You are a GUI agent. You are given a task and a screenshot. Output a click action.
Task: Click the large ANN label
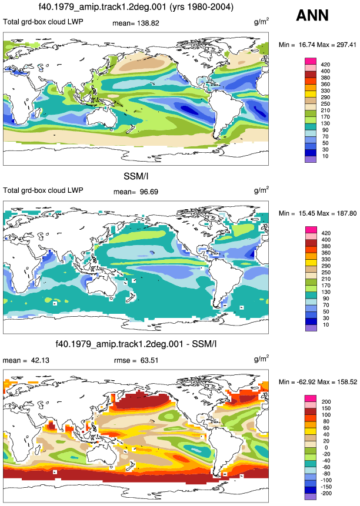click(312, 15)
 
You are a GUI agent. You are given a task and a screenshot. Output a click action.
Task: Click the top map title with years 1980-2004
click(136, 7)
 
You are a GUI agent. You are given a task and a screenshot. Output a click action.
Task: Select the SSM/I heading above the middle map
click(136, 176)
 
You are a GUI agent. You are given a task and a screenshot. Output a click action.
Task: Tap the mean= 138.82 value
click(136, 24)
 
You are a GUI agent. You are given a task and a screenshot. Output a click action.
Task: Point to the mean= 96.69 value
click(136, 192)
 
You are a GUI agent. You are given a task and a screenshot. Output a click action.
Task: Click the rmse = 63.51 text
click(136, 360)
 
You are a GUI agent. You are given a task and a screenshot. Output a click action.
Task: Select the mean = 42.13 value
click(26, 360)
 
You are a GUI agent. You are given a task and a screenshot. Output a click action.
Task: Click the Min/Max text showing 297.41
click(318, 45)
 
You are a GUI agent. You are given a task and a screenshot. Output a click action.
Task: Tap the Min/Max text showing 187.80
click(318, 213)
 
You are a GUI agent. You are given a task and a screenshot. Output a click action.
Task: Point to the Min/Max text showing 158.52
click(318, 382)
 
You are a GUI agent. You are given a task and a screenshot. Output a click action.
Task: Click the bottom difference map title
click(136, 344)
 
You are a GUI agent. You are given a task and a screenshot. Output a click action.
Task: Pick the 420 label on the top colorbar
click(325, 65)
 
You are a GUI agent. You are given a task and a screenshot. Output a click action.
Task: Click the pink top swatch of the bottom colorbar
click(310, 398)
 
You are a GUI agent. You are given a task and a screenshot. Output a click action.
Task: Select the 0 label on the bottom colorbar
click(326, 448)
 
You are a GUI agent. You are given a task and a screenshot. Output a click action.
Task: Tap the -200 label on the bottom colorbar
click(326, 494)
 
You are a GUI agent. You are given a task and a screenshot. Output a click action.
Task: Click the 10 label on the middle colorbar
click(326, 325)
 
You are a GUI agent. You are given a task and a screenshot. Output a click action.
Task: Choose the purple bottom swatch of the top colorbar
click(310, 159)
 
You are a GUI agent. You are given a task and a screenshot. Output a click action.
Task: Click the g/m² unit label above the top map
click(262, 22)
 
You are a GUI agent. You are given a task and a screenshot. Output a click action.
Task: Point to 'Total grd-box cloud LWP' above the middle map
click(44, 190)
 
